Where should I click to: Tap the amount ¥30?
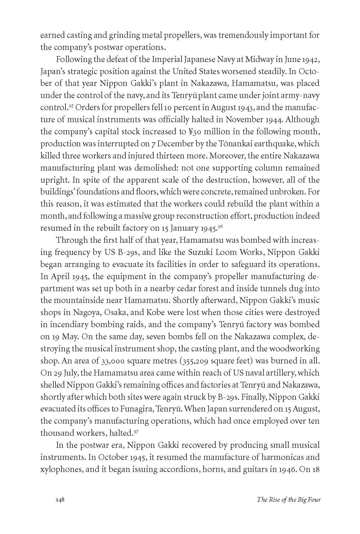[194, 131]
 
